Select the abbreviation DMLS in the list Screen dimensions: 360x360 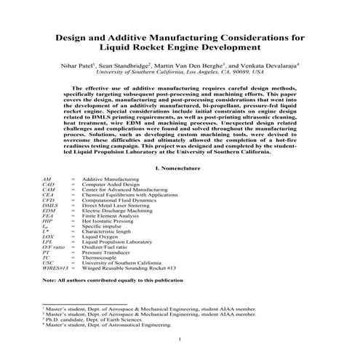(49, 207)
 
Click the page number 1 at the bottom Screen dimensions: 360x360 (179, 339)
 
